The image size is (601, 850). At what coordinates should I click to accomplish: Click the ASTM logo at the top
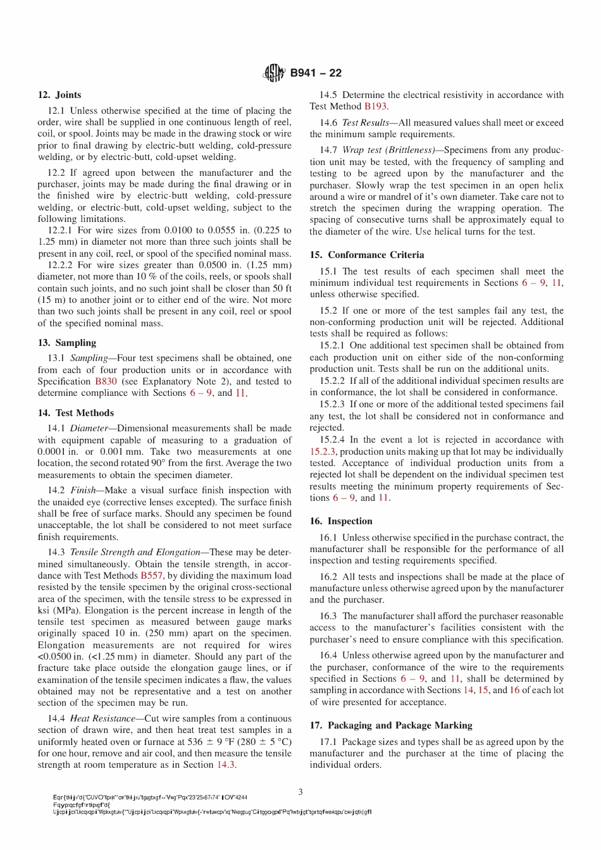[x=273, y=73]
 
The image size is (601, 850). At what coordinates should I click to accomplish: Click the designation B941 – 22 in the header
[x=316, y=73]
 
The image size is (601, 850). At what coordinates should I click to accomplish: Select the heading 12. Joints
[x=59, y=95]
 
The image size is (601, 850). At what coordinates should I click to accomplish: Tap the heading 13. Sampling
[x=67, y=343]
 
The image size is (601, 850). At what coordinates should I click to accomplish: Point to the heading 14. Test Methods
[x=76, y=413]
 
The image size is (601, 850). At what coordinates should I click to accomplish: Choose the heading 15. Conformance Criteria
[x=367, y=255]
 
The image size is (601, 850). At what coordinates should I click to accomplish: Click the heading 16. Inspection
[x=341, y=521]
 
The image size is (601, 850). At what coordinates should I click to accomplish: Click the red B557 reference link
[x=151, y=576]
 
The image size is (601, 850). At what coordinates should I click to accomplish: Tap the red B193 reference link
[x=375, y=106]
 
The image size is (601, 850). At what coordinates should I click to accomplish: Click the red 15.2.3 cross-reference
[x=323, y=452]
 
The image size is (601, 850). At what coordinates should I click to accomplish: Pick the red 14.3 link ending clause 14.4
[x=226, y=765]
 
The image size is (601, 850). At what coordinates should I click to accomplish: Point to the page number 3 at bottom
[x=300, y=792]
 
